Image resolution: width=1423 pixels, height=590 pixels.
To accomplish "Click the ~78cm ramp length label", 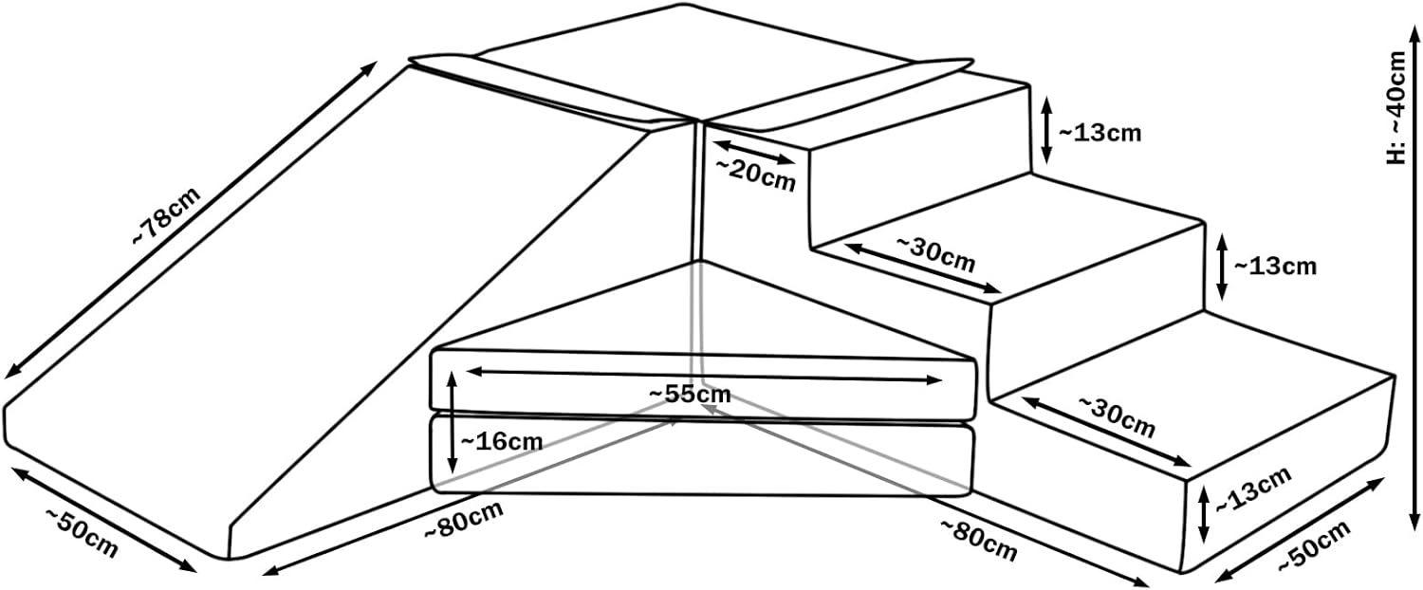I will (165, 217).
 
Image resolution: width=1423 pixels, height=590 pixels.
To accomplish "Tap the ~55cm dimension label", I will (690, 394).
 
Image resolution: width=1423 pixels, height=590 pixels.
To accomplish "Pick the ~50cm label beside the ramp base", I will (82, 533).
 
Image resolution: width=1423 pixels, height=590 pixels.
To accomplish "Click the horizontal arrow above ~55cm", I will (703, 375).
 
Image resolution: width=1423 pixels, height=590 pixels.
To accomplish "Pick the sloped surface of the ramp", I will (313, 313).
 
